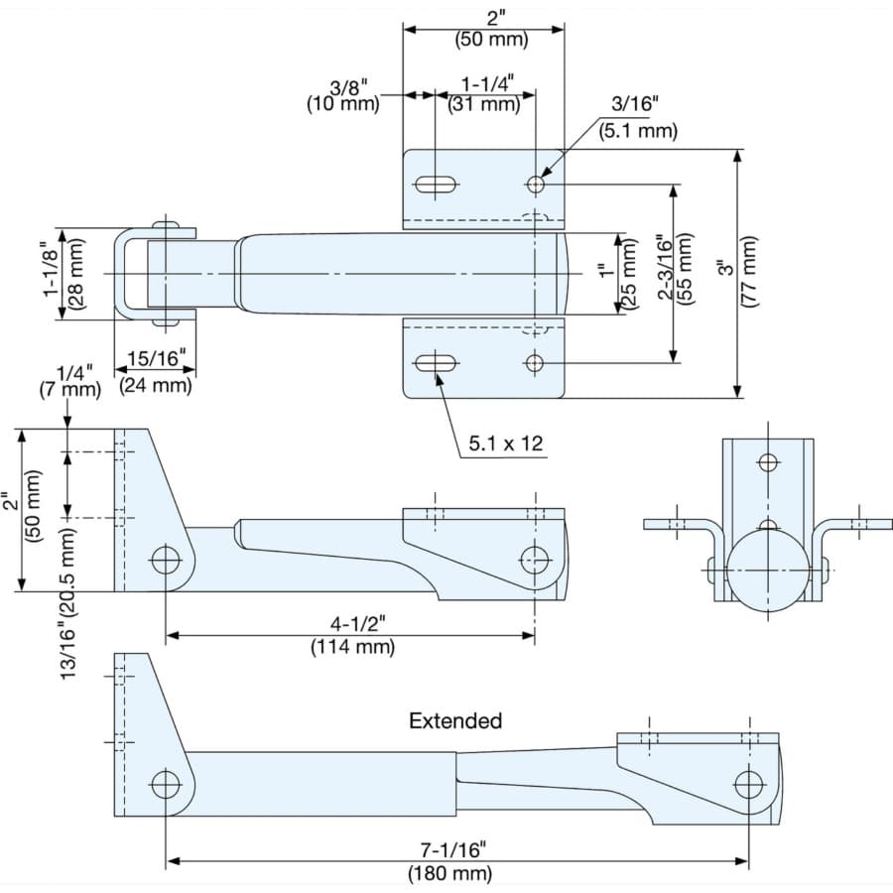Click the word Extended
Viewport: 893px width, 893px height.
[455, 721]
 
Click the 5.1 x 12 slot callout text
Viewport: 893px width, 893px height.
[506, 444]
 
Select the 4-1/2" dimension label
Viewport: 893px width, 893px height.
[357, 624]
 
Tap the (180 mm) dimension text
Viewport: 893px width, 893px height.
[449, 872]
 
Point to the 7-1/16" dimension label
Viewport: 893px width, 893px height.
[453, 849]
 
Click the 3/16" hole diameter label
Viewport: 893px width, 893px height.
[634, 103]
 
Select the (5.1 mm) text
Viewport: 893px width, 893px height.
[638, 130]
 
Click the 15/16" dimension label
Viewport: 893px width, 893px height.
[156, 358]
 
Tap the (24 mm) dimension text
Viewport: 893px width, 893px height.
[156, 385]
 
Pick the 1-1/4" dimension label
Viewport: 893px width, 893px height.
[487, 83]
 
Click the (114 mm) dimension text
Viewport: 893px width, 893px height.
[352, 646]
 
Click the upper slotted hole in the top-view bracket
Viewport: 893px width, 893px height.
[436, 185]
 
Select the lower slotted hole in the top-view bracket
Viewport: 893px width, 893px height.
[436, 363]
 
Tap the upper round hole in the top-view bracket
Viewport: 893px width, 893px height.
[535, 185]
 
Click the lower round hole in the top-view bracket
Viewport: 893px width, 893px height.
[535, 363]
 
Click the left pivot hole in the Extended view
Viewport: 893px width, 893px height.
[166, 785]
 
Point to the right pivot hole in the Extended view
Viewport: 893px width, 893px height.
[749, 785]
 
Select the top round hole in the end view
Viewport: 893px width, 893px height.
[768, 461]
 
